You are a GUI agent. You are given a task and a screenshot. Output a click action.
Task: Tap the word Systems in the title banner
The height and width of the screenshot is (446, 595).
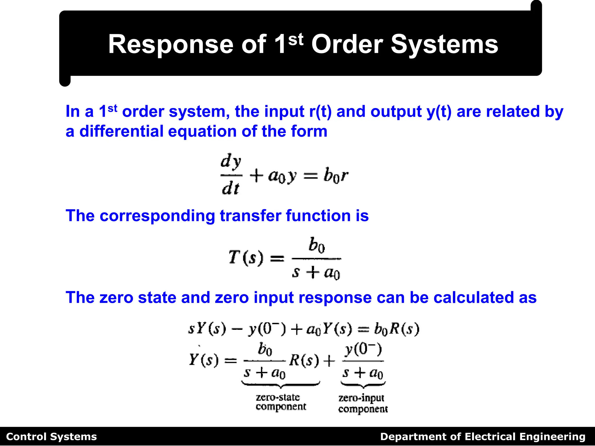(444, 44)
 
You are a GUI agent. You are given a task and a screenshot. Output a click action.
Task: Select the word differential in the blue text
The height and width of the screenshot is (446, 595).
(121, 131)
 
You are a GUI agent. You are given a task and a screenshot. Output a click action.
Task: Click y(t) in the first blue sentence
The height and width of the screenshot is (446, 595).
(439, 111)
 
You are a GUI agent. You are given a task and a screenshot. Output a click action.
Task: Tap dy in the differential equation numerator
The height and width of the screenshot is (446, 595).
(231, 161)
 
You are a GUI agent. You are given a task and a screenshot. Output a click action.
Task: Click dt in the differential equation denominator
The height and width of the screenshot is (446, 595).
(230, 188)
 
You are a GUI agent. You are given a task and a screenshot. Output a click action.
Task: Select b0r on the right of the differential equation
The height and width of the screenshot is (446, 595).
(336, 176)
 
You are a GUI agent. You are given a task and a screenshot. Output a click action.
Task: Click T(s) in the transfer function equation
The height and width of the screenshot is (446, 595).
(246, 257)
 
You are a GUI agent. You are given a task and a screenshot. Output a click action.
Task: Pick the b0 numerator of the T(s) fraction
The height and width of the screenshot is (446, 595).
(316, 245)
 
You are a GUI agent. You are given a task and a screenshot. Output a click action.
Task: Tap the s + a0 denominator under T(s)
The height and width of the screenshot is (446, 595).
(316, 273)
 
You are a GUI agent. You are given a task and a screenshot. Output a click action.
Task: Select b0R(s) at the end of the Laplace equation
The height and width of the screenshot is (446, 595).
(397, 329)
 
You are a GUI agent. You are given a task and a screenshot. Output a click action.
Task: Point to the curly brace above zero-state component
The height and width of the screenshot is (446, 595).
(281, 385)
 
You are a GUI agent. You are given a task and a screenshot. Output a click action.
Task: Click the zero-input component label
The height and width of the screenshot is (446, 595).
(363, 403)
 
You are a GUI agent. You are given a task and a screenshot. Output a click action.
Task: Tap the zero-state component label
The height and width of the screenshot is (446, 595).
(281, 402)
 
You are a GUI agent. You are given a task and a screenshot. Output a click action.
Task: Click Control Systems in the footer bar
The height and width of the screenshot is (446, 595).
(51, 437)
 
